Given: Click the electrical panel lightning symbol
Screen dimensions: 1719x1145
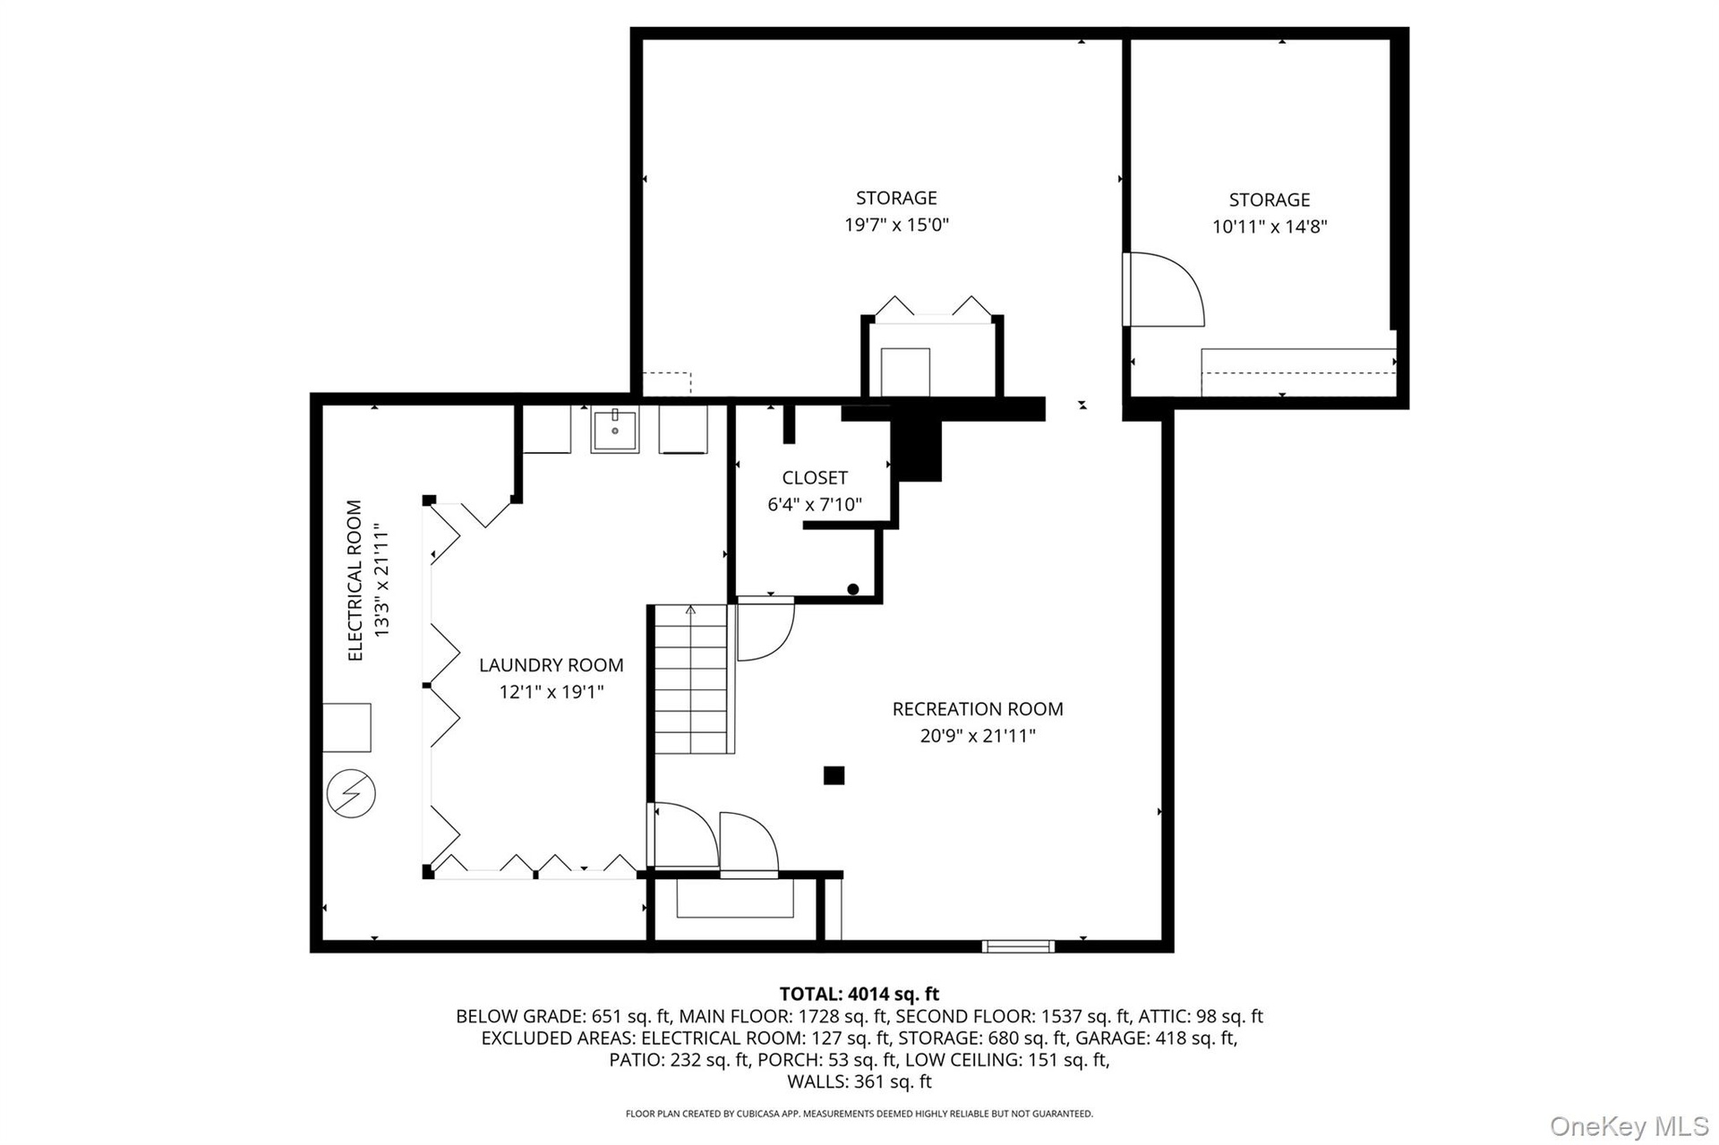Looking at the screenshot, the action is [x=351, y=793].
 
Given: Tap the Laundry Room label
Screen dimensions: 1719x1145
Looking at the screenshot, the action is [x=552, y=665].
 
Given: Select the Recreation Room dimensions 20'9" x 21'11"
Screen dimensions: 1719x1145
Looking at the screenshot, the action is [x=978, y=736].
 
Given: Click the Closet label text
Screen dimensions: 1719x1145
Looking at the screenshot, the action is [x=815, y=478].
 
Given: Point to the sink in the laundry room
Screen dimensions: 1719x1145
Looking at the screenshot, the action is [x=615, y=430].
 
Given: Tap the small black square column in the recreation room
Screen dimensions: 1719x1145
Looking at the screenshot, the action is [x=834, y=775].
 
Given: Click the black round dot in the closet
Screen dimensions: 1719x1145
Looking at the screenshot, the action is [x=853, y=589].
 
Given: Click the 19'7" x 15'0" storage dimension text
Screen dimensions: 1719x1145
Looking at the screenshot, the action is [x=896, y=224].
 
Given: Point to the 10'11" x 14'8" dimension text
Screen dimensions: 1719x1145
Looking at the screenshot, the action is [x=1270, y=226].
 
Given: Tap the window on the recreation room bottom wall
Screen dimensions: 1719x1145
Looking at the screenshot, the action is [x=1018, y=946].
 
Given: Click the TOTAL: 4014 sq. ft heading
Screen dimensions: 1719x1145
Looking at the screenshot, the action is [x=859, y=994].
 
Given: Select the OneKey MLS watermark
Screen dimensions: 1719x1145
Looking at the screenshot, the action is [x=1629, y=1126].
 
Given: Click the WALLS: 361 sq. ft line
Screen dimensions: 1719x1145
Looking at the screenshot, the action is [x=859, y=1081].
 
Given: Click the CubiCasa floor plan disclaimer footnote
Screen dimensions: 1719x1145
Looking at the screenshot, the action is [x=859, y=1115].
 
